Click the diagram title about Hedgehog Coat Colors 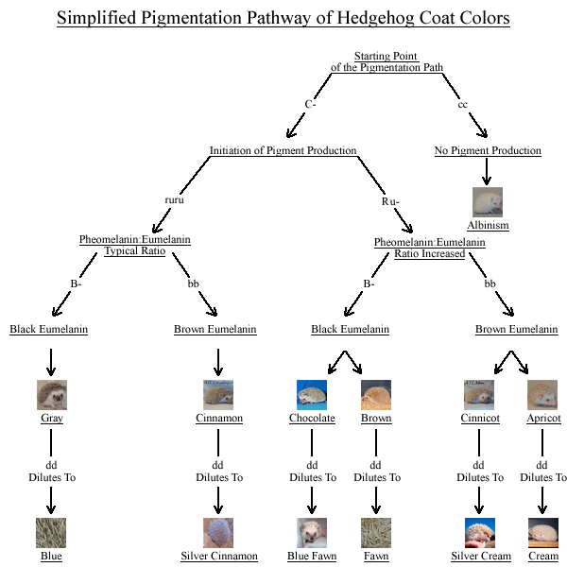pos(283,19)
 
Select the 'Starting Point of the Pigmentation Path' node pos(387,62)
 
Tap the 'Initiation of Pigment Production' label pos(283,150)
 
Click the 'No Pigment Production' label pos(488,150)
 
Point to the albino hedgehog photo pos(488,202)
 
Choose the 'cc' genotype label pos(463,103)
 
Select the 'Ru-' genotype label pos(390,200)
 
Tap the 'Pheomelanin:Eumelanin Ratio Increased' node pos(430,248)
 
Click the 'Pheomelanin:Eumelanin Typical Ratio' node pos(134,246)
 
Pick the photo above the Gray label pos(52,395)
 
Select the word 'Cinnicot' pos(479,418)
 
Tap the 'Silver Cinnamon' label pos(219,556)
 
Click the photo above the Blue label pos(52,533)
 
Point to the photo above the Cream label pos(543,533)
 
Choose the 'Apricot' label pos(543,418)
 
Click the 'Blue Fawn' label pos(312,556)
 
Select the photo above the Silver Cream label pos(479,533)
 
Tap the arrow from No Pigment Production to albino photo pos(488,171)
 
